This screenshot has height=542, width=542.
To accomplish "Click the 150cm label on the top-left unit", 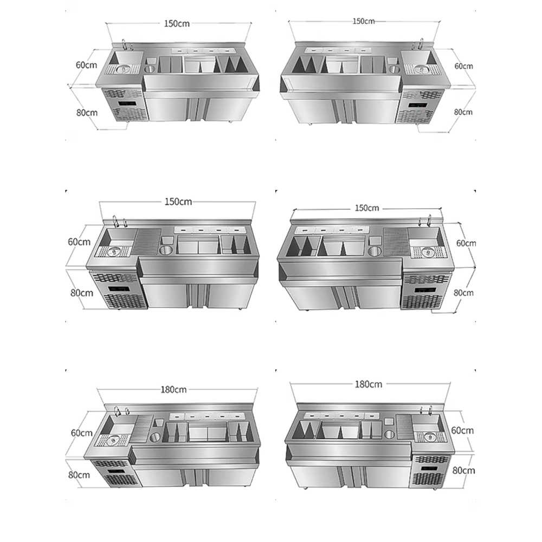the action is coord(177,23).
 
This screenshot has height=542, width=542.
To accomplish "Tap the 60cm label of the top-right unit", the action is coord(463,66).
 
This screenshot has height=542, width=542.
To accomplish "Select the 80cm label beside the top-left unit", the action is coord(87,113).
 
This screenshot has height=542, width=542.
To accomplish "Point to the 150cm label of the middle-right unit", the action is coord(367,208).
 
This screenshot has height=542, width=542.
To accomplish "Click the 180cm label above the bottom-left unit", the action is coord(173,390).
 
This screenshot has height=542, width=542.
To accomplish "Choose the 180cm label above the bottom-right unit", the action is coord(369,384).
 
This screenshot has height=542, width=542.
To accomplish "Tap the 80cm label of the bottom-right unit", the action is coord(463,470).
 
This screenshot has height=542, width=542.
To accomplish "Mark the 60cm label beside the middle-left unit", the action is coord(79,242).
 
